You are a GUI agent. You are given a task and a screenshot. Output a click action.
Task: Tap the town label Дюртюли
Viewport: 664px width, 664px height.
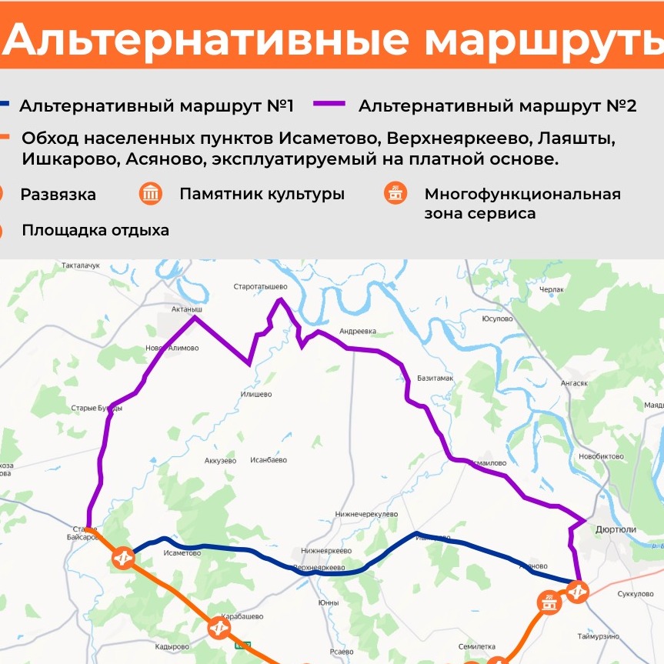pyautogui.click(x=616, y=529)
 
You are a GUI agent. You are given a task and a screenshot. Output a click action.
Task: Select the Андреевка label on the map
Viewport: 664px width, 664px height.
pyautogui.click(x=358, y=332)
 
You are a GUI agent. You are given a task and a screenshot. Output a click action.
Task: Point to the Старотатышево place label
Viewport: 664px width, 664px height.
pyautogui.click(x=260, y=286)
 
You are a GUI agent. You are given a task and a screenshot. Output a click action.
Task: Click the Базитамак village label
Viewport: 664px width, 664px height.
pyautogui.click(x=435, y=379)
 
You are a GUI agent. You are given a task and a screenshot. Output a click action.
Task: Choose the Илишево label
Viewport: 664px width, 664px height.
pyautogui.click(x=256, y=395)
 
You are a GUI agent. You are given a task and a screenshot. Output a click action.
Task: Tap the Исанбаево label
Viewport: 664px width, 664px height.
pyautogui.click(x=269, y=460)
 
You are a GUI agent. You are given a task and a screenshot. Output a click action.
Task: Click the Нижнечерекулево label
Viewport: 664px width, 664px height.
pyautogui.click(x=366, y=514)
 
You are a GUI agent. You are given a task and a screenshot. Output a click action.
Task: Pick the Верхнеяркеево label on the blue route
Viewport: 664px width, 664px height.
pyautogui.click(x=318, y=567)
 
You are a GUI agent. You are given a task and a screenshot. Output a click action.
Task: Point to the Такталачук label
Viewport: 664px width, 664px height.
pyautogui.click(x=81, y=265)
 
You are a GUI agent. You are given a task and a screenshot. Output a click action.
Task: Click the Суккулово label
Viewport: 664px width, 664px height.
pyautogui.click(x=636, y=594)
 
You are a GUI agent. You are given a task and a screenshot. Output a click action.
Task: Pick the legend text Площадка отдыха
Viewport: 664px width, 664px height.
pyautogui.click(x=95, y=230)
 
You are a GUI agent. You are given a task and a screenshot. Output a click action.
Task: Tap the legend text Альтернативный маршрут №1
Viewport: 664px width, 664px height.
pyautogui.click(x=156, y=105)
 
